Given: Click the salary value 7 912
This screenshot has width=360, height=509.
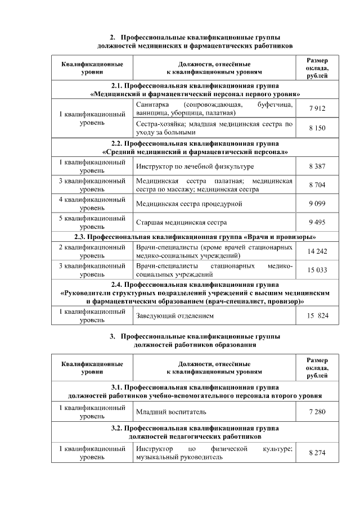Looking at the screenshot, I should pyautogui.click(x=317, y=109).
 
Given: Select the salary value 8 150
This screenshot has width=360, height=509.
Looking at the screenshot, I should pyautogui.click(x=317, y=128).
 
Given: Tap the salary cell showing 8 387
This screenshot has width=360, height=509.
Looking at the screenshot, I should pyautogui.click(x=317, y=166).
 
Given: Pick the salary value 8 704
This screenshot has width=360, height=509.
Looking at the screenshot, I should pyautogui.click(x=317, y=185).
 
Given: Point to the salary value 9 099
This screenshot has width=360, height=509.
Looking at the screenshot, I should pyautogui.click(x=317, y=204).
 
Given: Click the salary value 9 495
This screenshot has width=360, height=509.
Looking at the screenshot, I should pyautogui.click(x=317, y=222).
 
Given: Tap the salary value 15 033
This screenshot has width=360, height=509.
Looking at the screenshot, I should pyautogui.click(x=317, y=270).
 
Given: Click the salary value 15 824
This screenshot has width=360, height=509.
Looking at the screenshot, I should pyautogui.click(x=317, y=316).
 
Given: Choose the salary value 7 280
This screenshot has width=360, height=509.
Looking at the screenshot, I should pyautogui.click(x=317, y=412).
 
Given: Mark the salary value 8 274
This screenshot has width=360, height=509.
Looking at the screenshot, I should pyautogui.click(x=317, y=453).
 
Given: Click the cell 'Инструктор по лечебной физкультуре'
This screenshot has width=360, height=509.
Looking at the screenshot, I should pyautogui.click(x=195, y=166).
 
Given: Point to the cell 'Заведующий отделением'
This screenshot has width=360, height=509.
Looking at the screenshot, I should pyautogui.click(x=175, y=316).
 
